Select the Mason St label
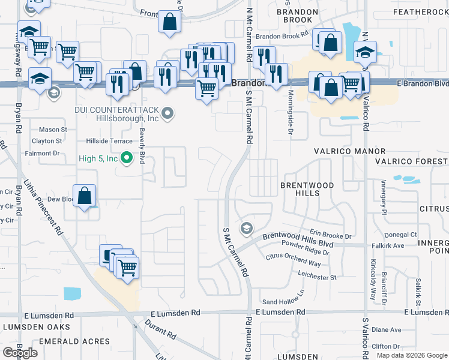(x=53, y=130)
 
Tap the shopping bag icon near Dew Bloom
(x=85, y=196)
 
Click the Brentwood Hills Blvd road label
(x=297, y=237)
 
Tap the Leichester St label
(x=317, y=277)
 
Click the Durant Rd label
(x=161, y=329)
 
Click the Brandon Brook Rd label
(x=282, y=37)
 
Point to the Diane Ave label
(x=387, y=329)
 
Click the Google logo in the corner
(x=20, y=353)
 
